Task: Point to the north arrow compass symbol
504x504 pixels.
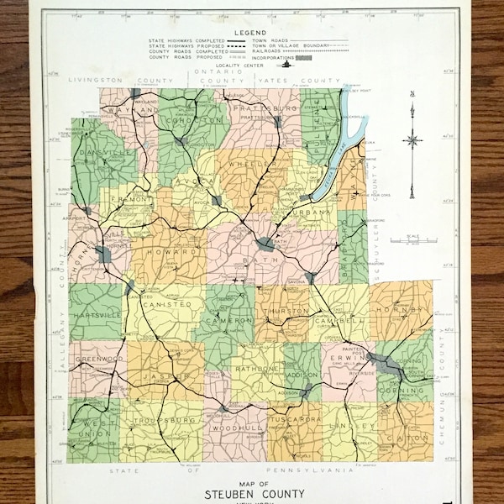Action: pyautogui.click(x=412, y=141)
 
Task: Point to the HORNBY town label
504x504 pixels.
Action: pyautogui.click(x=402, y=310)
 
